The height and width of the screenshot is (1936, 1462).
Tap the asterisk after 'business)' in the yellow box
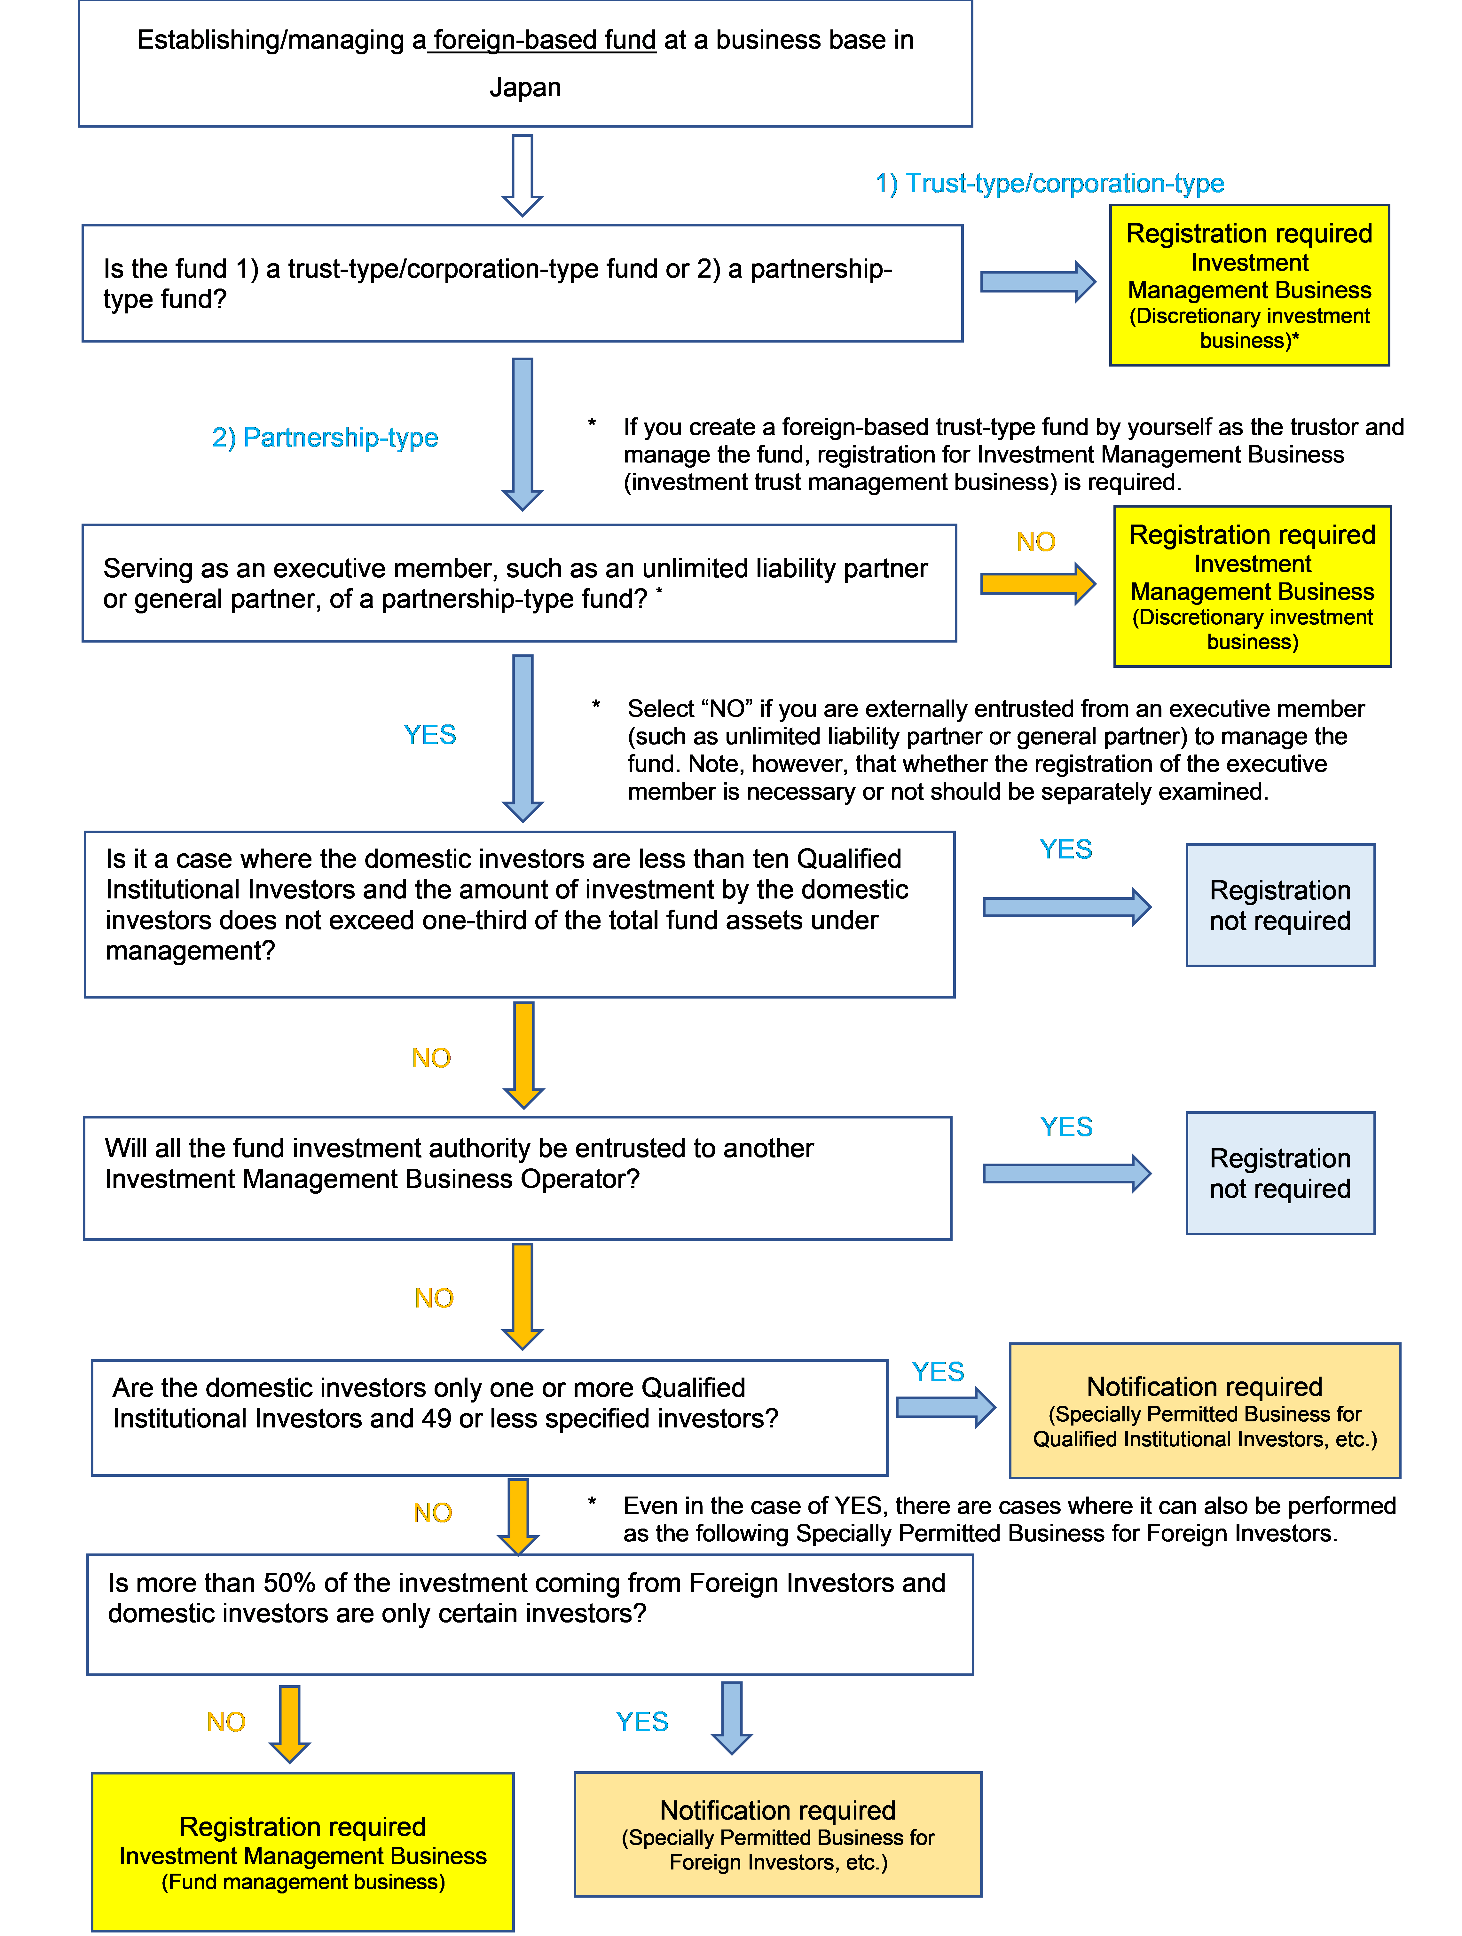[1296, 340]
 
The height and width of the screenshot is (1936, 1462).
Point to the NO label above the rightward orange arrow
[1036, 542]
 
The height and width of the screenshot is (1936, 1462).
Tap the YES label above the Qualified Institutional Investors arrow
[938, 1371]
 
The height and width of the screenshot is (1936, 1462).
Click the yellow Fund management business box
[303, 1851]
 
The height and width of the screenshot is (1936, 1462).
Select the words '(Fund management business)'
[303, 1882]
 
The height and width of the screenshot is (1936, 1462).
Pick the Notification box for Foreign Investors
[778, 1834]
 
